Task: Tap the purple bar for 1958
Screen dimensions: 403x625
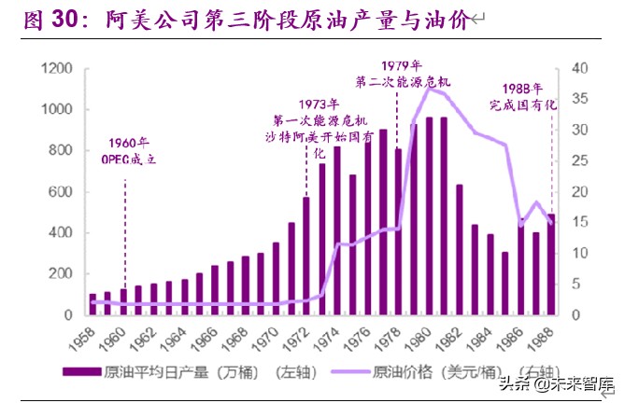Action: coord(92,305)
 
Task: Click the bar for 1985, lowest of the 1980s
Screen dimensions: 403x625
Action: coord(505,284)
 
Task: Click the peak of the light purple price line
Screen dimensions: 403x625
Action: coord(429,88)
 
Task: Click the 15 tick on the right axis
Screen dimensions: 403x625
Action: coord(579,222)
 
